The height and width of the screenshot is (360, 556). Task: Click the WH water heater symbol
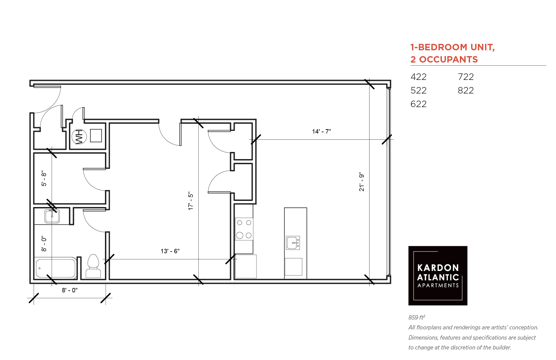pos(79,137)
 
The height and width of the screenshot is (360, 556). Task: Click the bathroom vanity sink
pos(52,216)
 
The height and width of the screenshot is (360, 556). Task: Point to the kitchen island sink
pos(293,243)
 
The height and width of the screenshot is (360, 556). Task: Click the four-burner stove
pos(244,229)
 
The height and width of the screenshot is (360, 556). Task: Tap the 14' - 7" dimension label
pos(321,132)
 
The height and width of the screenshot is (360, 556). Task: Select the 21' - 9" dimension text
pos(362,182)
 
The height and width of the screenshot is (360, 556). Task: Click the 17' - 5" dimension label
pos(191,201)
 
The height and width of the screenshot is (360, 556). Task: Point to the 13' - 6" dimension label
pos(170,251)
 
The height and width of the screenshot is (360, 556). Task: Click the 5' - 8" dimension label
pos(44,178)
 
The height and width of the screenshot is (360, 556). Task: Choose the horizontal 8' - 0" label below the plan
pos(70,290)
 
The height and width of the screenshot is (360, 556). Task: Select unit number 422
pos(418,77)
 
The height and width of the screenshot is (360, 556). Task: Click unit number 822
pos(466,90)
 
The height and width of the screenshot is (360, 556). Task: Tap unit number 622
pos(418,104)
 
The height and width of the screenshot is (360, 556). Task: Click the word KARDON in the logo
pos(438,268)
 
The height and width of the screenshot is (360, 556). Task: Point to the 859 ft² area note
pos(417,317)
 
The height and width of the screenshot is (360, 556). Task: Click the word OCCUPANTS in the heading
pos(449,59)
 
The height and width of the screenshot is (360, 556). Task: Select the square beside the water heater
pos(96,136)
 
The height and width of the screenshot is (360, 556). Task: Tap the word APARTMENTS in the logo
pos(438,286)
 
